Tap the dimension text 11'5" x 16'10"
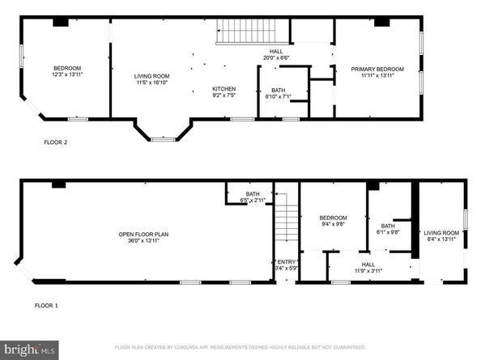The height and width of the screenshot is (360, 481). point(151,82)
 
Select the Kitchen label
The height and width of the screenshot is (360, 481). point(223,88)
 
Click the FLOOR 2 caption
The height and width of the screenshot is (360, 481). point(55,142)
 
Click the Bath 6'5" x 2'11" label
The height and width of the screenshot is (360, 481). point(253,196)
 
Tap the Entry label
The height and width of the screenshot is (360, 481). point(287,262)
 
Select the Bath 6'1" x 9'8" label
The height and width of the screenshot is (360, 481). point(388,228)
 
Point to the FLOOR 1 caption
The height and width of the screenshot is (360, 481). point(46,306)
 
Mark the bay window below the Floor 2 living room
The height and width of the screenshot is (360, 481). point(163,132)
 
